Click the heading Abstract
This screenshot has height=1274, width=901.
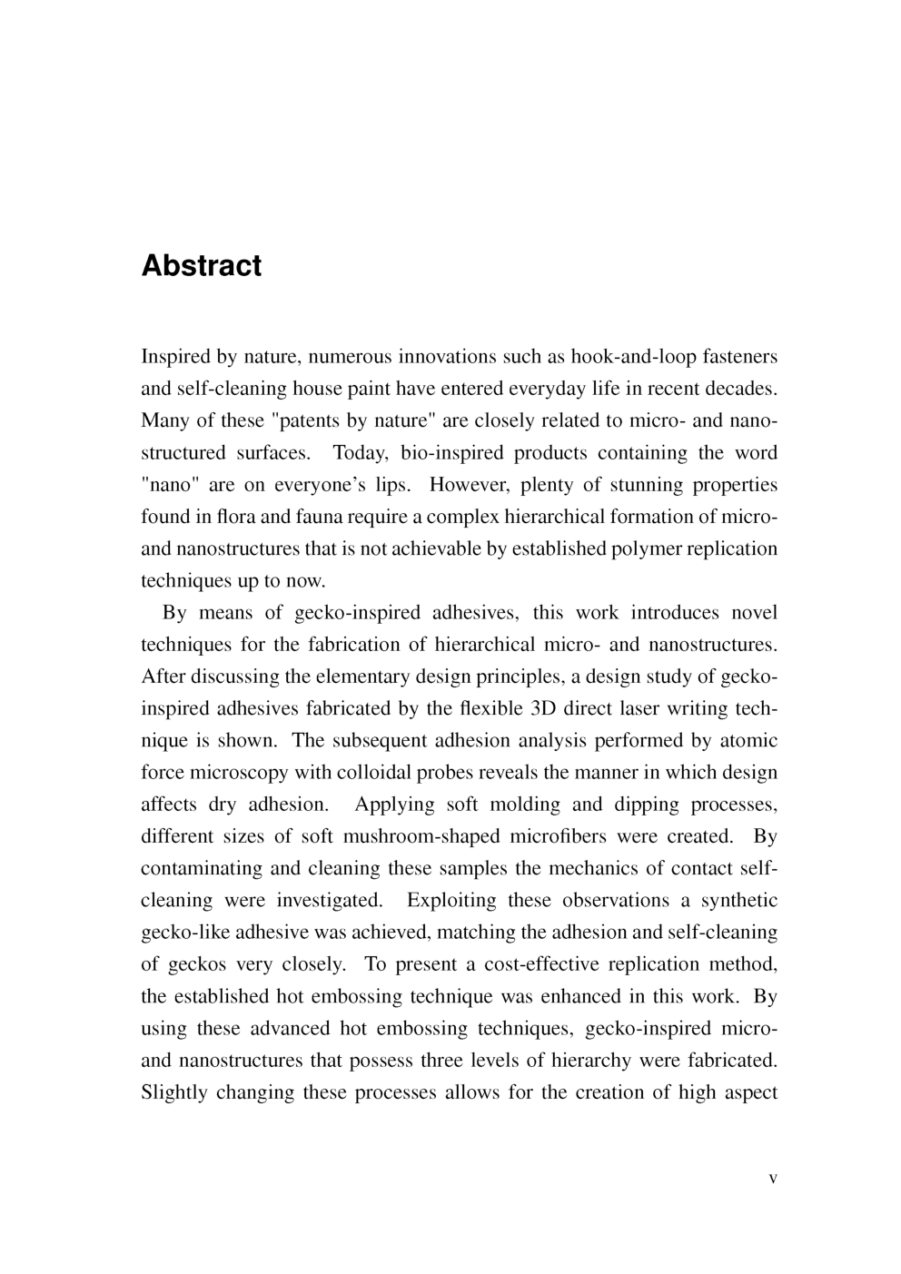tap(202, 265)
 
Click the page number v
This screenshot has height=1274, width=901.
tap(773, 1179)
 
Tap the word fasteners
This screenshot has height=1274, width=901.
tap(739, 357)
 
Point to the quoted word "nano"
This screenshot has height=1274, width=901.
tap(170, 485)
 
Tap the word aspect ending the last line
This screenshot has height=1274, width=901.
tap(749, 1092)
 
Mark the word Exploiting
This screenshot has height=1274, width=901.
tap(452, 901)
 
